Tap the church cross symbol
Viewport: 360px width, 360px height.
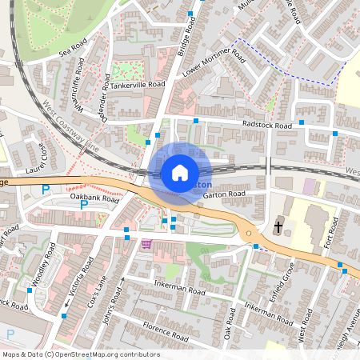coord(278,226)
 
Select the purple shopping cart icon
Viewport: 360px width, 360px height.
coord(146,245)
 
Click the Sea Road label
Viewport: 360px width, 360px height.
coord(72,50)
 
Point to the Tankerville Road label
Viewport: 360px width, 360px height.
coord(138,83)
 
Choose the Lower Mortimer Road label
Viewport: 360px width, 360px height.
coord(213,68)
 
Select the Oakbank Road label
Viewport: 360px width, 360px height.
coord(94,198)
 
